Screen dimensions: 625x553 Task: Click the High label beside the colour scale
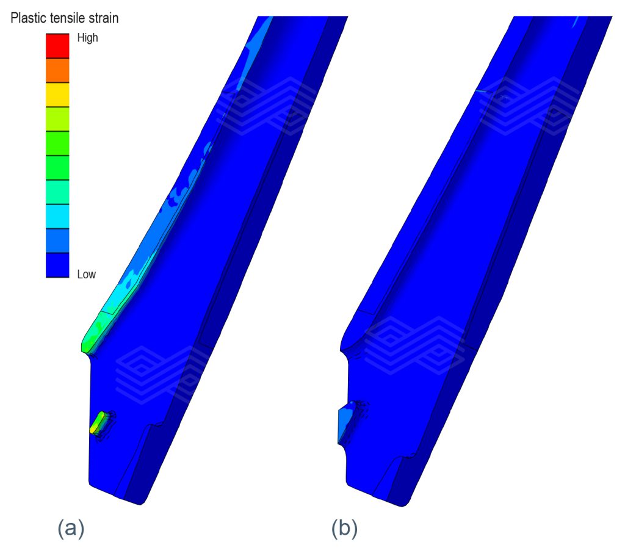tap(88, 38)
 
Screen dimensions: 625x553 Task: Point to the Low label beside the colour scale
tap(87, 274)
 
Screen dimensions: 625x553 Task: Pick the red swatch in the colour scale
tap(57, 46)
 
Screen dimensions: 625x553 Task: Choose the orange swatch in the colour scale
tap(57, 71)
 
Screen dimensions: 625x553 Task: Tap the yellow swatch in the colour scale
tap(57, 95)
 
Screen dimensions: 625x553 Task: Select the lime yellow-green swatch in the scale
tap(57, 119)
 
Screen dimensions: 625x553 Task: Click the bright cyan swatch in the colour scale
tap(57, 216)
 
